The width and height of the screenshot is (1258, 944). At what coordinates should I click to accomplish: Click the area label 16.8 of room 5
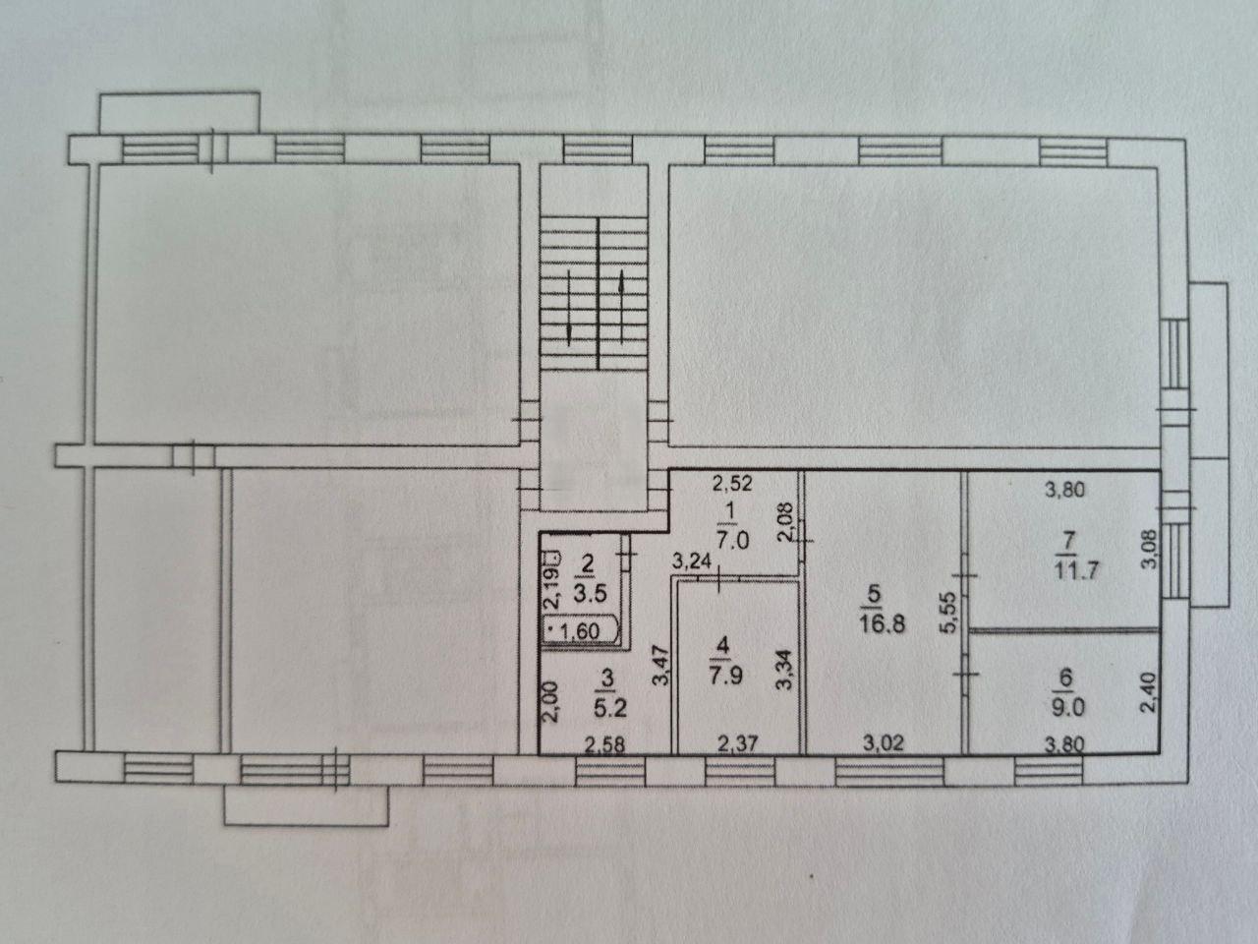[x=883, y=624]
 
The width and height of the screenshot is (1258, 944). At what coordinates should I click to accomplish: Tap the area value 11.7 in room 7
[x=1076, y=571]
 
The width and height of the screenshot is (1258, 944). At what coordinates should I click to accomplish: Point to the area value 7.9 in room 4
[x=725, y=676]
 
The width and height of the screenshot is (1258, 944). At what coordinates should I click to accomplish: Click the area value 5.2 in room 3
[x=609, y=708]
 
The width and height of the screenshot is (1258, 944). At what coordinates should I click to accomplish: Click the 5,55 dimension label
[x=948, y=613]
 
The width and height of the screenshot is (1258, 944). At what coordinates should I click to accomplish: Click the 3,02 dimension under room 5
[x=884, y=743]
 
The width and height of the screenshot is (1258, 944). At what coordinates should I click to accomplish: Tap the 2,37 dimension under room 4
[x=737, y=743]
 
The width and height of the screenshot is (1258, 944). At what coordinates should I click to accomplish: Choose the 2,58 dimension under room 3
[x=603, y=744]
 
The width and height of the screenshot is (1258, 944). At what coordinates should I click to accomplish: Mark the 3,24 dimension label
[x=692, y=561]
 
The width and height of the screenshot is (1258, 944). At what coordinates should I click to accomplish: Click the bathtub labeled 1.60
[x=581, y=631]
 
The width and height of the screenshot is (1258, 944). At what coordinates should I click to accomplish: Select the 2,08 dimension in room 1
[x=784, y=521]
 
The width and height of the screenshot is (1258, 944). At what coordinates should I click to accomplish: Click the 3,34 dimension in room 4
[x=784, y=670]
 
